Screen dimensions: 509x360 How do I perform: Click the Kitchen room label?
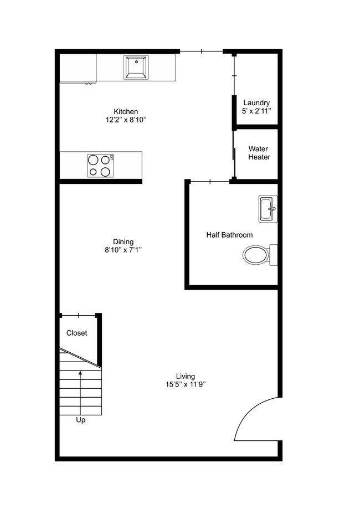(126, 111)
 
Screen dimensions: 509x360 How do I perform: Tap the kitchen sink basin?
(136, 68)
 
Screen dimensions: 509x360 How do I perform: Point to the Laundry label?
(256, 103)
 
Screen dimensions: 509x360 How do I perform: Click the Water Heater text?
(259, 153)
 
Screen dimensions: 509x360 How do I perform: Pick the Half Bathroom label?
(229, 235)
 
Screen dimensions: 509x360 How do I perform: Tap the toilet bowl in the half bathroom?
(255, 255)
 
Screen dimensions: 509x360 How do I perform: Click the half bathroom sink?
(268, 209)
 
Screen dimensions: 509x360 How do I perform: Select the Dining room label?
(123, 241)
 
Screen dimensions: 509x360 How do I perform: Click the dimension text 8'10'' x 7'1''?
(123, 250)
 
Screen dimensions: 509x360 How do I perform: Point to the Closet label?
(76, 333)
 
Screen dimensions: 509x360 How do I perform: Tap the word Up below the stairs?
(80, 420)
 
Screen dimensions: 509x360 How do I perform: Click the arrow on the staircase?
(81, 388)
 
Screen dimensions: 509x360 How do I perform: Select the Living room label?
(186, 376)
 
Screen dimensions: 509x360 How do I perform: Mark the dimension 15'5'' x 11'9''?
(186, 384)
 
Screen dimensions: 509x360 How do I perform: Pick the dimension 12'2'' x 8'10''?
(126, 120)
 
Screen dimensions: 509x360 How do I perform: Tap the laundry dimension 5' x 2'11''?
(256, 111)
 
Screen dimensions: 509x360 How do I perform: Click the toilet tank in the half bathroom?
(274, 255)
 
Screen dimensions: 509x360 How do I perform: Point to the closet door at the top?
(79, 316)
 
